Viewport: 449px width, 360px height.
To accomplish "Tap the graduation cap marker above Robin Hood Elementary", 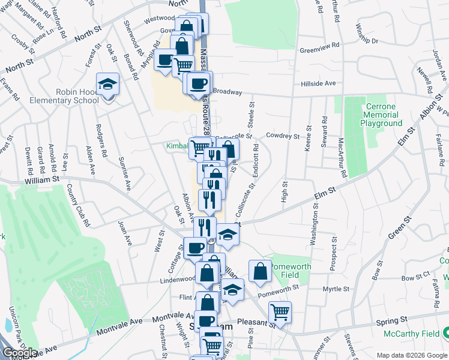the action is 107,84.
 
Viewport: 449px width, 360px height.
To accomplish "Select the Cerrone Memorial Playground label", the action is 381,115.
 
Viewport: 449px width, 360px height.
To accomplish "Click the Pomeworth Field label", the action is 294,271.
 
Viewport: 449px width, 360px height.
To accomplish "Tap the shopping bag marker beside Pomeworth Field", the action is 259,271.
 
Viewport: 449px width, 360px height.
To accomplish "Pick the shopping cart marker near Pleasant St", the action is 279,311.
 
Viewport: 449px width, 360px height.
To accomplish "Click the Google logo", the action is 19,352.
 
